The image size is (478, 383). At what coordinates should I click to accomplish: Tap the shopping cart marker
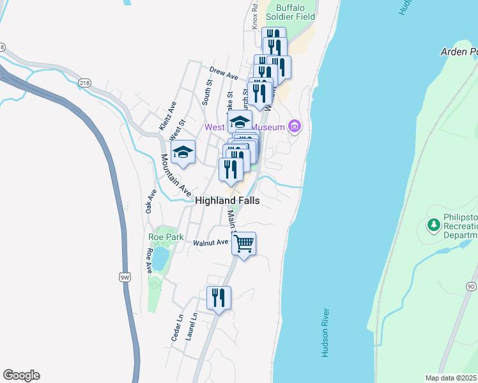point(243,243)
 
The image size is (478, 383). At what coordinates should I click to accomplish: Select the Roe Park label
point(166,237)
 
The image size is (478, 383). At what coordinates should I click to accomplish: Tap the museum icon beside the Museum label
point(294,127)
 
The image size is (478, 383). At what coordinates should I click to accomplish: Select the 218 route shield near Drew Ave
point(85,83)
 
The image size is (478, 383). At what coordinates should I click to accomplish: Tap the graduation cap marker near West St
point(183,153)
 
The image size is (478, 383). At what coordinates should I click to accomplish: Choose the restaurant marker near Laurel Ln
point(219,298)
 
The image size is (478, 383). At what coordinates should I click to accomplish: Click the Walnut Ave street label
point(211,243)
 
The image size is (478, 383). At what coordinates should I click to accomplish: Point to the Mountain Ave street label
point(176,176)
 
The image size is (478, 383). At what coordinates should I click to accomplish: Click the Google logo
point(21,375)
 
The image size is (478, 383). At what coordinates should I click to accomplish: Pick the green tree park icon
point(434,225)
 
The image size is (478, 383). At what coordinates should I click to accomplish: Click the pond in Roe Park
point(160,259)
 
